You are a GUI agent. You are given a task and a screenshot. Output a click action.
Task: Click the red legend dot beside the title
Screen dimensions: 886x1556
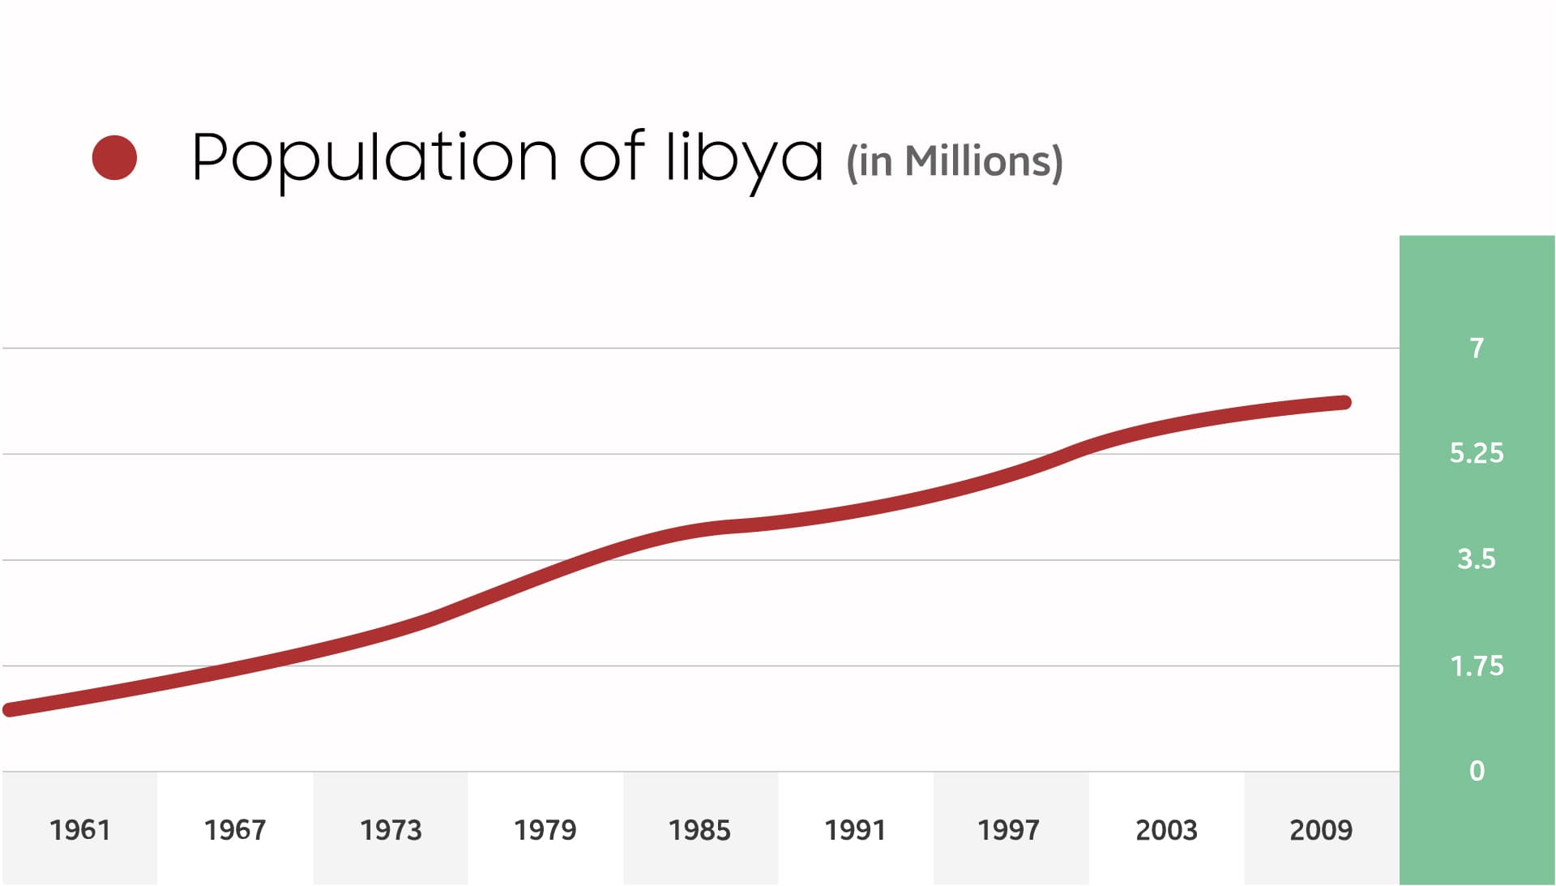pyautogui.click(x=114, y=157)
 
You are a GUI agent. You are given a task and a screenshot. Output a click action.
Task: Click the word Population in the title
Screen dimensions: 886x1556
pyautogui.click(x=374, y=157)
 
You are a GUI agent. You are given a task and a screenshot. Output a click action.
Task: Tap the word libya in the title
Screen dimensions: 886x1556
pyautogui.click(x=744, y=157)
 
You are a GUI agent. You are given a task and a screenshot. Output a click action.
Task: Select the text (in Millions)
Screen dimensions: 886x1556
pyautogui.click(x=954, y=161)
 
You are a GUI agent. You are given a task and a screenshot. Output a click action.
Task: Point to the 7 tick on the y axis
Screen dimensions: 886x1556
pyautogui.click(x=1477, y=349)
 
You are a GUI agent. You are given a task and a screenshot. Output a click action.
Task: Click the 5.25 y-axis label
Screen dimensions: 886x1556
pyautogui.click(x=1477, y=453)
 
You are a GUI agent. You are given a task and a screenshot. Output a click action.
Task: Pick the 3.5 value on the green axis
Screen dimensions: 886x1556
pyautogui.click(x=1477, y=559)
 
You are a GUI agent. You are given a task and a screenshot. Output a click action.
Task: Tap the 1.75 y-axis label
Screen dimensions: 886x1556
pyautogui.click(x=1477, y=666)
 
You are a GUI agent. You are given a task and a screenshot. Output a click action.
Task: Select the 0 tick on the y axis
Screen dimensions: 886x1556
pyautogui.click(x=1477, y=771)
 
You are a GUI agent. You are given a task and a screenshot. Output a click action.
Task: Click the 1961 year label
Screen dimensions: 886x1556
pyautogui.click(x=79, y=830)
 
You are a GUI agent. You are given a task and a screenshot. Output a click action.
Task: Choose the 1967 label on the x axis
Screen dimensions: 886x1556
pyautogui.click(x=235, y=830)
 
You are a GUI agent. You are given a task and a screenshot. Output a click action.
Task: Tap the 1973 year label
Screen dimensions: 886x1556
pyautogui.click(x=391, y=830)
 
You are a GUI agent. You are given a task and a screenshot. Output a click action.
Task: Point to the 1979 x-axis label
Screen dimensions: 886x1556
pyautogui.click(x=545, y=830)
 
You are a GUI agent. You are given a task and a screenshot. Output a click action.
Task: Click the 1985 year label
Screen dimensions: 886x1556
pyautogui.click(x=699, y=830)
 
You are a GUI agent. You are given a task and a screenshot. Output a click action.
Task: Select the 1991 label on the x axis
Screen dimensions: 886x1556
pyautogui.click(x=855, y=830)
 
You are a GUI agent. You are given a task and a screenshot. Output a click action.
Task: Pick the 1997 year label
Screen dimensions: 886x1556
pyautogui.click(x=1008, y=830)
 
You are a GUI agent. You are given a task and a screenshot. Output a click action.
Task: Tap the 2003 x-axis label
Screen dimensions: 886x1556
pyautogui.click(x=1166, y=830)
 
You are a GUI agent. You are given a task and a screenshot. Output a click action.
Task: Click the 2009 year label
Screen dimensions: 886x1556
pyautogui.click(x=1321, y=830)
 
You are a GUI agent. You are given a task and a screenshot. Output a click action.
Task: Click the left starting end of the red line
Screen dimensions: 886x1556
pyautogui.click(x=10, y=710)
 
